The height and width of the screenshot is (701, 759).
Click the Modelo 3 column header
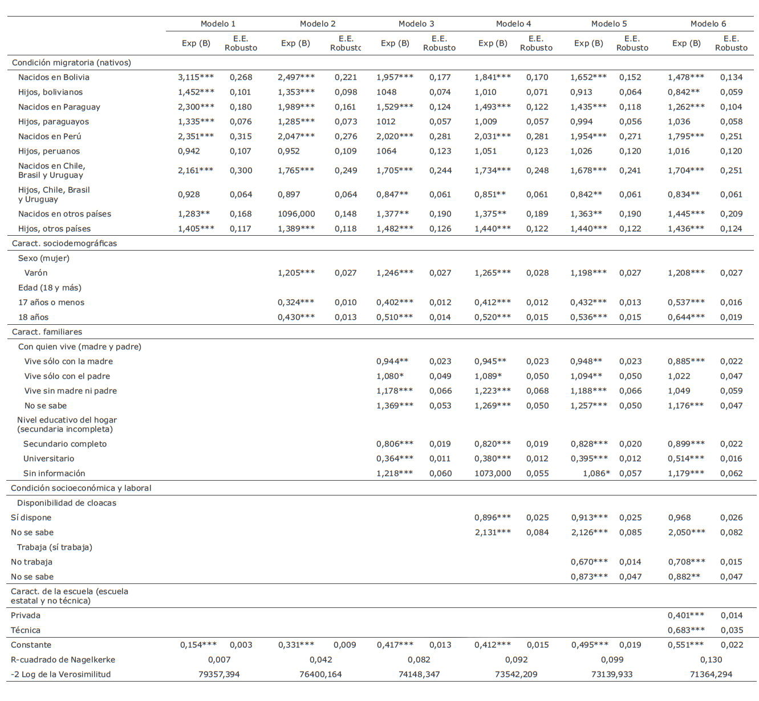point(416,24)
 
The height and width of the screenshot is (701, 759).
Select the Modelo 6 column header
point(708,24)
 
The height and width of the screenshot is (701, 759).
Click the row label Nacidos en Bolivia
point(54,78)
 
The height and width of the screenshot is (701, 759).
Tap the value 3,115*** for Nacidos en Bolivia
point(196,78)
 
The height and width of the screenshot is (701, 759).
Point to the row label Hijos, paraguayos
point(54,122)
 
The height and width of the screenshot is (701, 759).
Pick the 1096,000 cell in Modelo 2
point(296,214)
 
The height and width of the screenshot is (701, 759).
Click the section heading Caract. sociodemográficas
point(64,244)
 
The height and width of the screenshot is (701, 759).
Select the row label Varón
point(36,273)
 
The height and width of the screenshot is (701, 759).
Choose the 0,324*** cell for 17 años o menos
point(296,303)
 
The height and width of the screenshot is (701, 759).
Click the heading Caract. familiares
point(47,332)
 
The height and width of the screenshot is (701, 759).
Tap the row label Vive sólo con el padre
point(67,376)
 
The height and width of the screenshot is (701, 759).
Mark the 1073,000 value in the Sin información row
point(493,474)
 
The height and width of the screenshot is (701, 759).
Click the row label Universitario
point(48,459)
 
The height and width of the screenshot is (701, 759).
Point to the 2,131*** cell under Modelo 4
point(493,533)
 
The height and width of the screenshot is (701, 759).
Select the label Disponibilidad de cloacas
point(67,503)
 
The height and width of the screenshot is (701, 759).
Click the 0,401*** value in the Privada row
point(686,616)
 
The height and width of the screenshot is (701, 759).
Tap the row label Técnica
point(26,631)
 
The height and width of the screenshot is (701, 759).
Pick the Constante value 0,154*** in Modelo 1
point(198,645)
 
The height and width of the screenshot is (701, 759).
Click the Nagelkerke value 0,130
point(711,660)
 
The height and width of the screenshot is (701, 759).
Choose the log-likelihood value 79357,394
point(219,675)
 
